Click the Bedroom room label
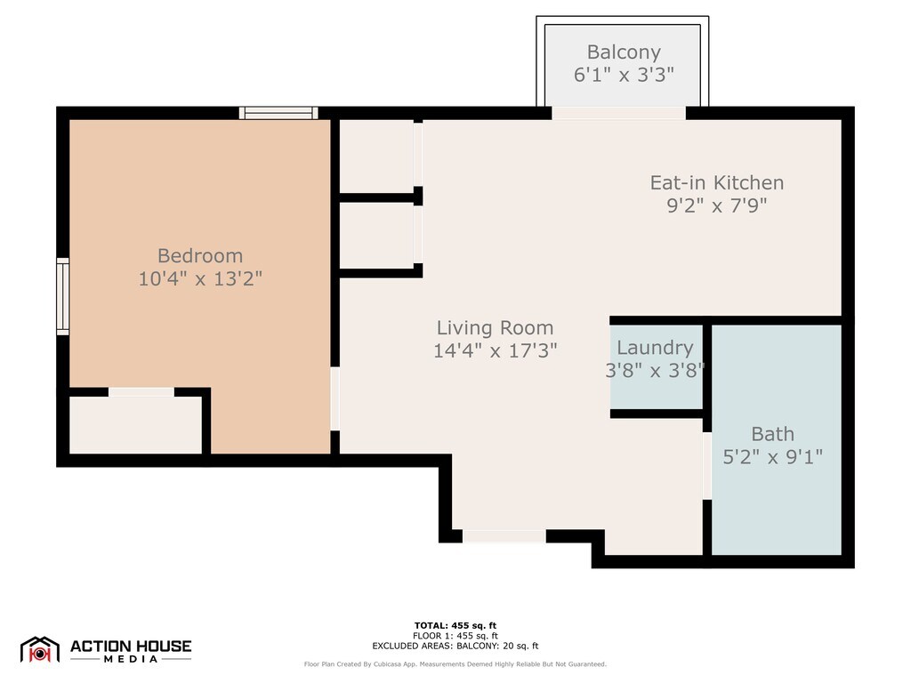click(200, 255)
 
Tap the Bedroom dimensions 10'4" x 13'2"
click(200, 278)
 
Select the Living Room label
click(495, 327)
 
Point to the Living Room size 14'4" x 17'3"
click(495, 350)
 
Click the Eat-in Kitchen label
click(716, 182)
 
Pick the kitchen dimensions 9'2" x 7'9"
click(716, 205)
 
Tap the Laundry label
click(655, 348)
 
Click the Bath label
click(772, 434)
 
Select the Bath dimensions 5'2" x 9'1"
click(772, 456)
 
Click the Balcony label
click(624, 52)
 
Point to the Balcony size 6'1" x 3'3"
click(624, 75)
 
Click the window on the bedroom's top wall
click(278, 113)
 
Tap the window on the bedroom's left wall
click(63, 297)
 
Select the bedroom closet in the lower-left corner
click(135, 425)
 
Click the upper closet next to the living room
click(376, 156)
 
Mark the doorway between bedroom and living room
click(335, 398)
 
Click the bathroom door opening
click(707, 466)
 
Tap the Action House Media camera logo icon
click(39, 650)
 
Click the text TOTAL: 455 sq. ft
click(455, 625)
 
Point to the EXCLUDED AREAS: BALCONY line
click(455, 646)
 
